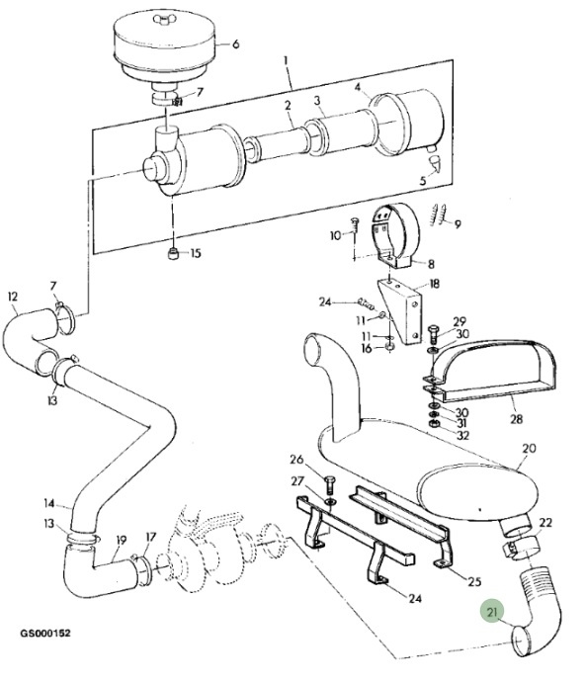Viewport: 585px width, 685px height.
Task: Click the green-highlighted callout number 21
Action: pyautogui.click(x=492, y=612)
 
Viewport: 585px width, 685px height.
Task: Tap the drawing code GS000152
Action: pyautogui.click(x=45, y=633)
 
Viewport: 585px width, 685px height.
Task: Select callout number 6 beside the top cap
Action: pyautogui.click(x=236, y=43)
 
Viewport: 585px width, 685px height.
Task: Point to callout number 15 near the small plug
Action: pyautogui.click(x=196, y=253)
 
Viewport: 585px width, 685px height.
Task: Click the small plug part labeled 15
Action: pyautogui.click(x=174, y=253)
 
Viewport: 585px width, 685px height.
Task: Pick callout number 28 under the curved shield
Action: pyautogui.click(x=517, y=419)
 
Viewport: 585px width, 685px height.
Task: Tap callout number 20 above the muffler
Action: pyautogui.click(x=529, y=449)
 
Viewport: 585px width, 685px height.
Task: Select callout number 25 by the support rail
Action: pyautogui.click(x=474, y=581)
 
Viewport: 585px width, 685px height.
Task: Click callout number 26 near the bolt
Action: pyautogui.click(x=296, y=460)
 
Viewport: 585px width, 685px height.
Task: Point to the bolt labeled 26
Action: pyautogui.click(x=330, y=484)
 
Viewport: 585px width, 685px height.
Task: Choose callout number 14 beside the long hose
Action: pyautogui.click(x=49, y=504)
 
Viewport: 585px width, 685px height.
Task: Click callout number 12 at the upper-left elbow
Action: pyautogui.click(x=13, y=297)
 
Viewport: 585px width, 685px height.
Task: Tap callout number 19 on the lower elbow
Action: pyautogui.click(x=121, y=541)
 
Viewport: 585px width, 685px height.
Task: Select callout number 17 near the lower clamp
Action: pyautogui.click(x=151, y=537)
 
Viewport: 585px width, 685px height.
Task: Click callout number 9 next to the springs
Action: pyautogui.click(x=458, y=224)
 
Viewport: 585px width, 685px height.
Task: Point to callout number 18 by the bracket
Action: pyautogui.click(x=434, y=284)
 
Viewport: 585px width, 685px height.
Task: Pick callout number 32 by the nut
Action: pyautogui.click(x=462, y=436)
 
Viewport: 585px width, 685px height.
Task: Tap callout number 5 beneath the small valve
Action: pyautogui.click(x=423, y=181)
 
